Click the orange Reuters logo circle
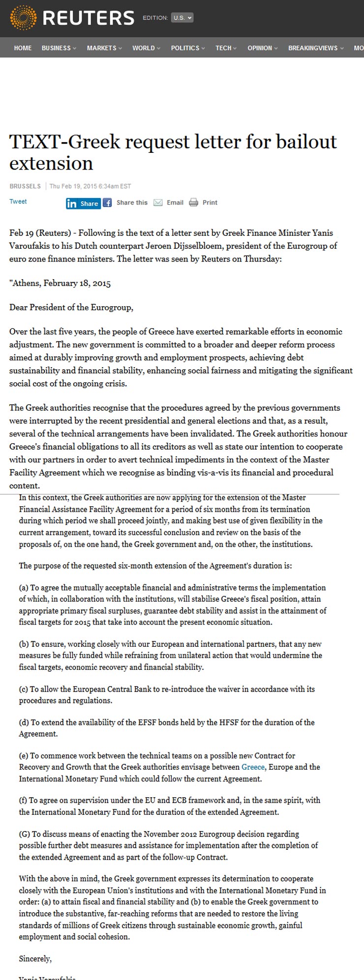click(23, 18)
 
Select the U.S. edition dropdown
click(182, 18)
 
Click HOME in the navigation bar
click(23, 48)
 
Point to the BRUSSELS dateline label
click(25, 186)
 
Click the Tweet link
click(18, 202)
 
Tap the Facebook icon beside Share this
click(107, 202)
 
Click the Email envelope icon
click(158, 202)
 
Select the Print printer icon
click(194, 202)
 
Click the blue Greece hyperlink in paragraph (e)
click(253, 767)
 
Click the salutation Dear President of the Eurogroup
click(71, 308)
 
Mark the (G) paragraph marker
click(25, 834)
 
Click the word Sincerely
click(35, 958)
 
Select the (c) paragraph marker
click(24, 689)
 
